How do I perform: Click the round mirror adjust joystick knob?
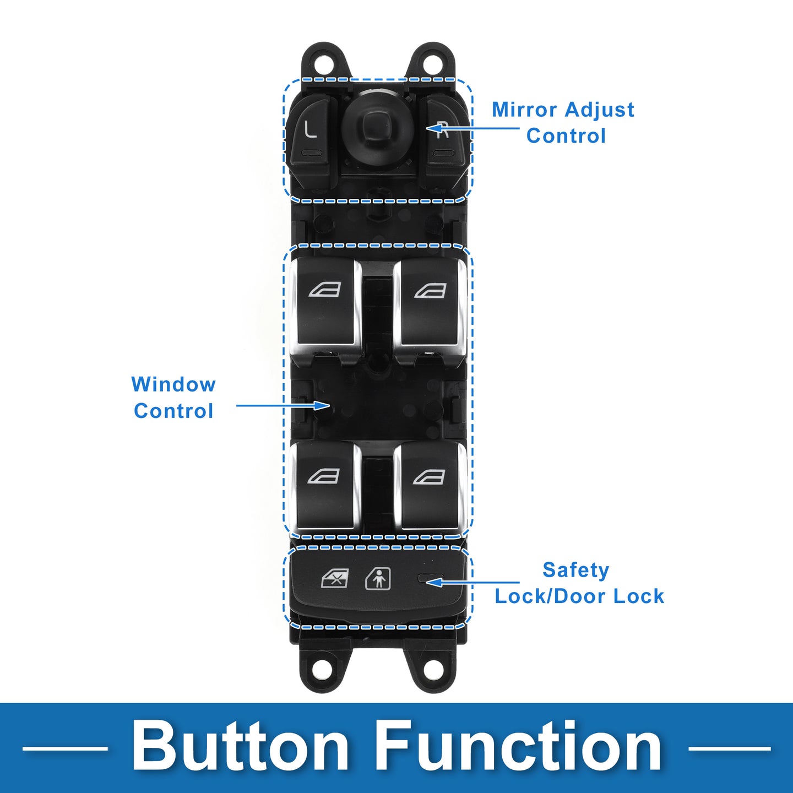point(377,124)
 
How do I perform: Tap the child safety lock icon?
point(378,579)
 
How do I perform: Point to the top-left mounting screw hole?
point(325,63)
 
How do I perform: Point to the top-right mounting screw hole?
point(432,63)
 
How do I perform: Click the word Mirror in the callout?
point(517,110)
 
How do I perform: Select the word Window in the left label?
point(173,384)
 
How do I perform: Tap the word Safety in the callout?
point(575,570)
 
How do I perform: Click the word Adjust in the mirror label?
point(599,110)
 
